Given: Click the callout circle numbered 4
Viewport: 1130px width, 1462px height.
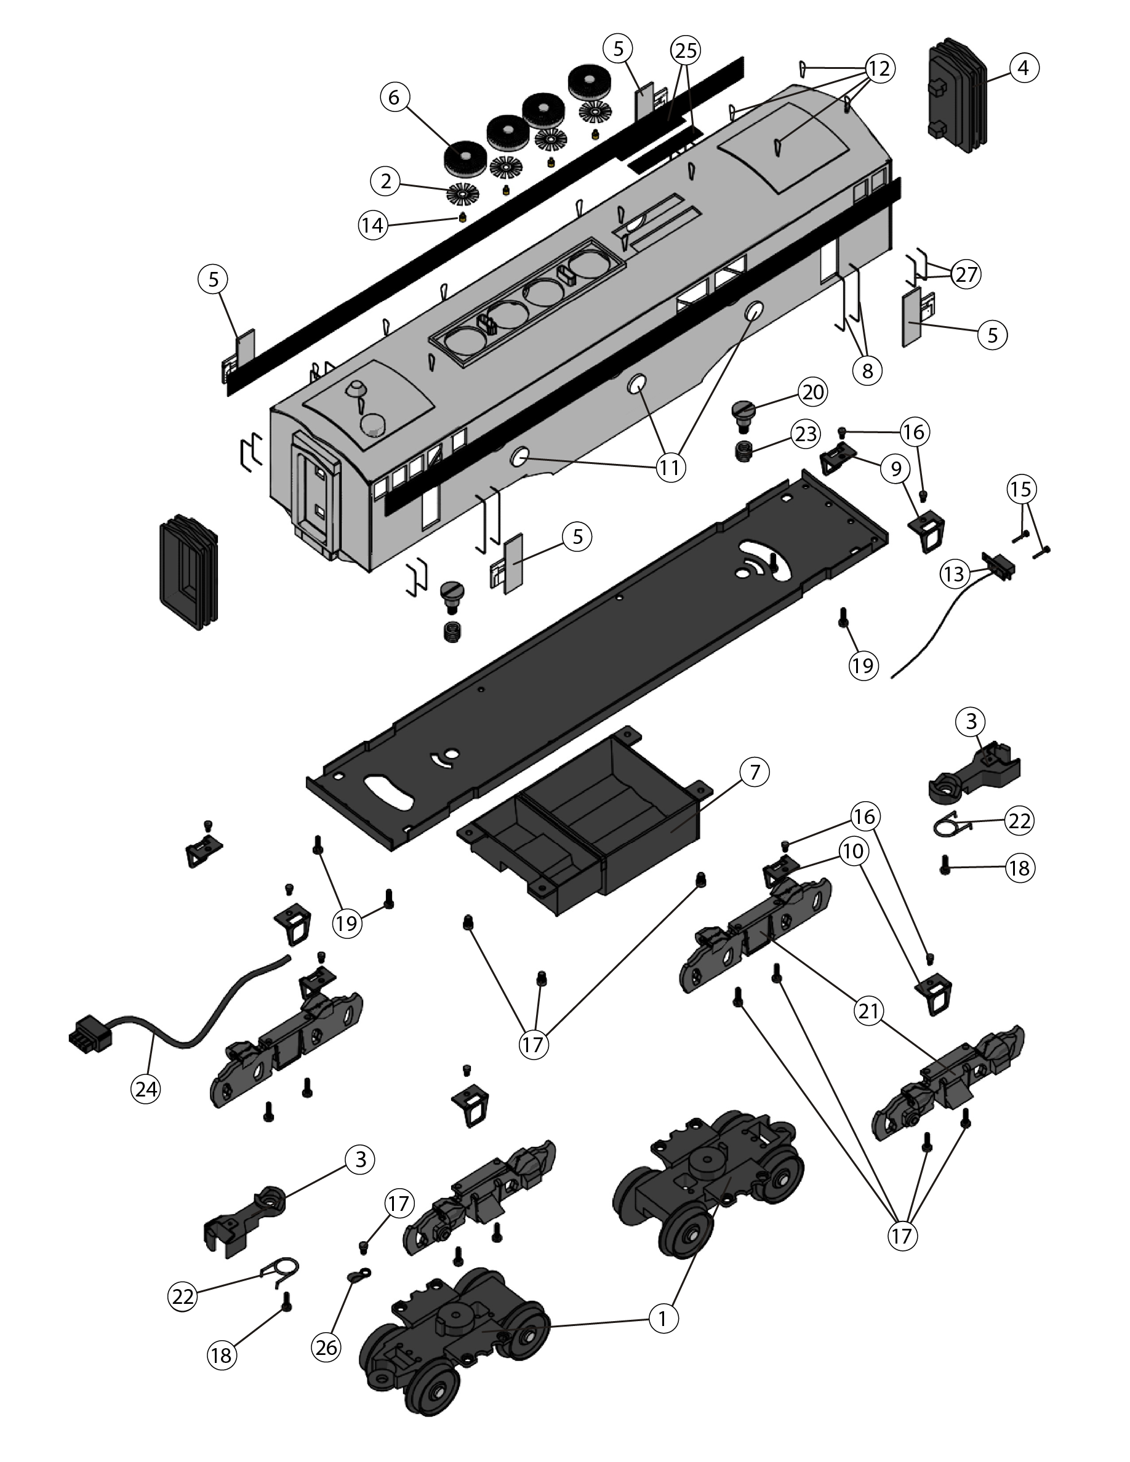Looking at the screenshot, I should coord(1023,68).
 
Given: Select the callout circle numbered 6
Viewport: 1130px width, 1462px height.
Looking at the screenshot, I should coord(395,97).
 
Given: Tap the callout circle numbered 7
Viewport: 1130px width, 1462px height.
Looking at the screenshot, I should coord(755,772).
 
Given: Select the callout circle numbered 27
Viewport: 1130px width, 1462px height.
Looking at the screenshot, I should coord(965,274).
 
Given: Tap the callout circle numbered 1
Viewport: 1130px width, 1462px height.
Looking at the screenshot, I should coord(663,1319).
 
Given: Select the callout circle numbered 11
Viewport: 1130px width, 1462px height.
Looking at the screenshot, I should coord(670,466).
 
